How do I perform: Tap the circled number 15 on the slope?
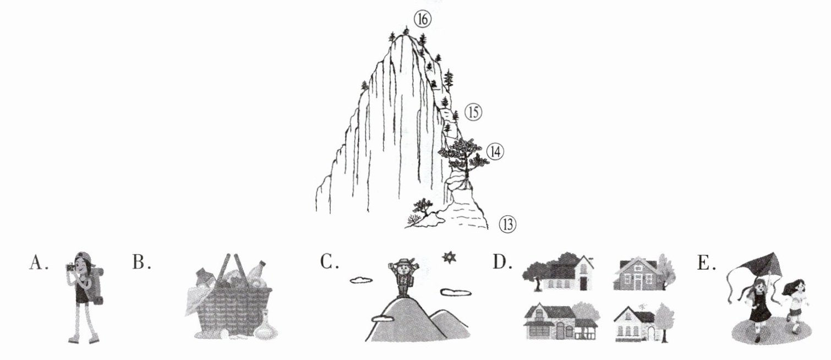pyautogui.click(x=473, y=113)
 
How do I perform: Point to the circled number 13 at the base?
pyautogui.click(x=507, y=224)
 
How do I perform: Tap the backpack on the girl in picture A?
pyautogui.click(x=99, y=283)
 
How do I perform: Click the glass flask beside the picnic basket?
pyautogui.click(x=265, y=325)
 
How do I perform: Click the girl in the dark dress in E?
pyautogui.click(x=760, y=308)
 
